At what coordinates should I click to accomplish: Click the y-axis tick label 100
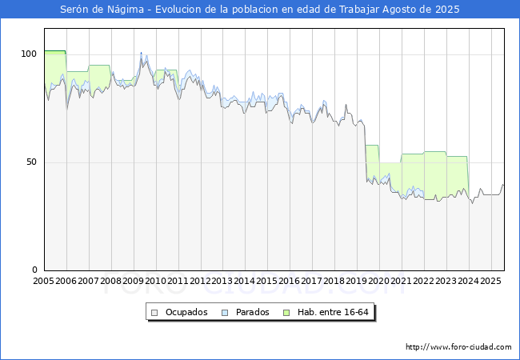29,54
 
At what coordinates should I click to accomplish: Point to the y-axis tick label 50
31,162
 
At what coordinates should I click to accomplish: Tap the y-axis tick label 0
34,270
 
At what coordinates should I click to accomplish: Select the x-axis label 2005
43,281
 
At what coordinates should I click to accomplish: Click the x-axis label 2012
200,281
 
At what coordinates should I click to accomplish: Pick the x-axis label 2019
357,281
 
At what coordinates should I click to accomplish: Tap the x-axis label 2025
490,281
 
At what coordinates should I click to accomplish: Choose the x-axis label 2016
290,281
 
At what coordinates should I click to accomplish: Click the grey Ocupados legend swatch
154,313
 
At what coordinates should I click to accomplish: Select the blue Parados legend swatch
225,313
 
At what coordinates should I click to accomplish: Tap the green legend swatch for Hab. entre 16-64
286,313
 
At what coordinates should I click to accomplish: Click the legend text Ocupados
186,312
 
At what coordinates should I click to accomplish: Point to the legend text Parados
252,312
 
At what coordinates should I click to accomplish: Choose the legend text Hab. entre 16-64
333,312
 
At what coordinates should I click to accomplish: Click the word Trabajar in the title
359,10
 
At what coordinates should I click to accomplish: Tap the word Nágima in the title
126,10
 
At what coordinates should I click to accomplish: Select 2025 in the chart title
447,10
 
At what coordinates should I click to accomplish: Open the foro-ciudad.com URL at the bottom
458,347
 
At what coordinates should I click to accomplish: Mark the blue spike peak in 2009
141,53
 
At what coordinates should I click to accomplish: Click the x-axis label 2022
423,281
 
